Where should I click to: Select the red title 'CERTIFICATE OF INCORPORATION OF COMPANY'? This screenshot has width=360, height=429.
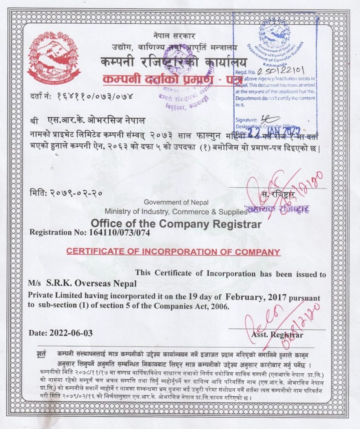[x=173, y=252]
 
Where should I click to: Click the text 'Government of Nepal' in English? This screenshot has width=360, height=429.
[x=176, y=202]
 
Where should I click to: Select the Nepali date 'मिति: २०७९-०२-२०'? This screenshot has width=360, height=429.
[x=66, y=194]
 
